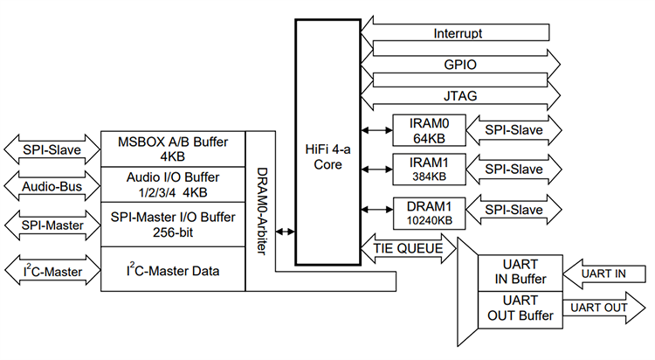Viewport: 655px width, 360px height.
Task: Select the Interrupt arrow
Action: (x=458, y=33)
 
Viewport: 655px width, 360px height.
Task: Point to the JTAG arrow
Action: (x=458, y=95)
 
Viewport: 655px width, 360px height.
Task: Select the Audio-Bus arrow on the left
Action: (x=49, y=185)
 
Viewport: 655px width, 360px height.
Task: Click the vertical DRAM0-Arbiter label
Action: (x=261, y=210)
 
